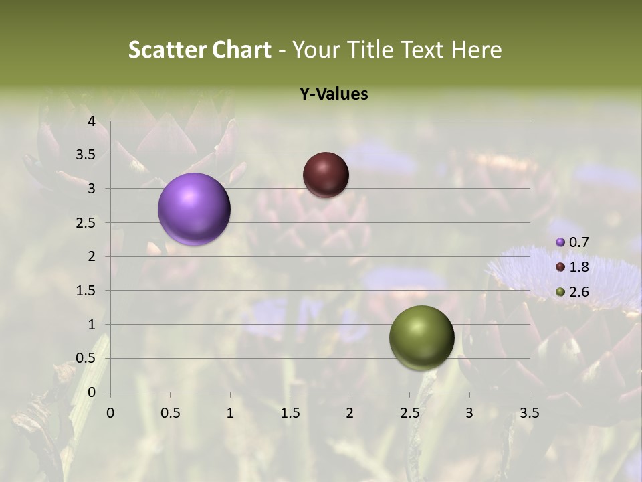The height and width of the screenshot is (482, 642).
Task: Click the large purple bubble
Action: [x=195, y=209]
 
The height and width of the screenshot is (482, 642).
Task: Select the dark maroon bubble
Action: [x=326, y=175]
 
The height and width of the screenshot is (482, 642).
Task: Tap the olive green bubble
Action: [x=421, y=337]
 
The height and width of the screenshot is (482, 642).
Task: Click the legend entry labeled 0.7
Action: [x=572, y=242]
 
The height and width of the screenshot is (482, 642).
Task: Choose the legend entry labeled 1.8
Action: [x=572, y=267]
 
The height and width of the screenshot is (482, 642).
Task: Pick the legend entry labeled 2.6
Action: [x=572, y=292]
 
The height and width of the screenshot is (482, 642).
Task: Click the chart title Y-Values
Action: [x=333, y=94]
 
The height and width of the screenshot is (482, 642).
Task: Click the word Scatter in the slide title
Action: [x=165, y=50]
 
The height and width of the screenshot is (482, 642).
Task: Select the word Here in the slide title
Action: [x=476, y=50]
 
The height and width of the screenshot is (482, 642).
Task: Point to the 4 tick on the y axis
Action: [x=92, y=121]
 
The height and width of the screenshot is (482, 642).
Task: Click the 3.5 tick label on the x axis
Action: [x=529, y=413]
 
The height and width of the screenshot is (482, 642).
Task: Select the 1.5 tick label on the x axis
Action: [x=290, y=413]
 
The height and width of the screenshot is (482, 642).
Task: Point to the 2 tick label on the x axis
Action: [x=350, y=413]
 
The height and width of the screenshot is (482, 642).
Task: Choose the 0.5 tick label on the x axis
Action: [x=170, y=413]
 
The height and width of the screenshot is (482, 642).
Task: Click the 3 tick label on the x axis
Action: [x=469, y=413]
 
